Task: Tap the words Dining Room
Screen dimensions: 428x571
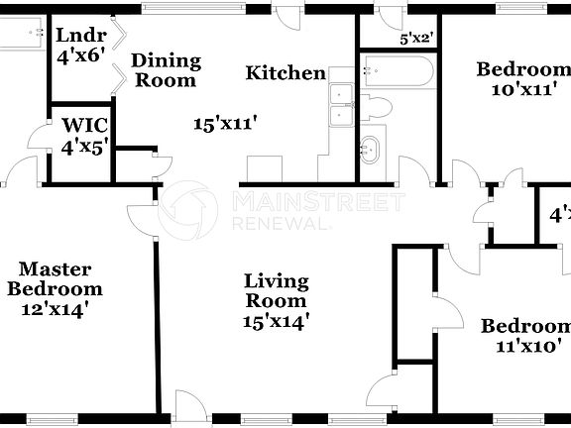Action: (x=166, y=70)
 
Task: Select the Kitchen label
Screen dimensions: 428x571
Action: (x=285, y=72)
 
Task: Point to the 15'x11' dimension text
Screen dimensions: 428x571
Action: (x=226, y=124)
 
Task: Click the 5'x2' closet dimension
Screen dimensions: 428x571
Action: (x=416, y=40)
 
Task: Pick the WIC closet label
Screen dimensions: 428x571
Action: (x=84, y=127)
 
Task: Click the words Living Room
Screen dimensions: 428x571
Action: (x=277, y=291)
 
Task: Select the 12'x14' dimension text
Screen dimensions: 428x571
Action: (x=56, y=308)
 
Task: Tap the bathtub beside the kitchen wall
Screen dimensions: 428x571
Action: (x=397, y=71)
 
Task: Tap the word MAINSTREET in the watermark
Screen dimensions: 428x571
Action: (x=317, y=203)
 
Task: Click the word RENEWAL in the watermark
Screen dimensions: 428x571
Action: (x=280, y=224)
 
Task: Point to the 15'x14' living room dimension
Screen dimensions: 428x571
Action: (x=277, y=320)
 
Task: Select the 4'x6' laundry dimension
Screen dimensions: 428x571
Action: (x=80, y=55)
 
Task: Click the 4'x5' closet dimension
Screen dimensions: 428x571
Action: (x=84, y=147)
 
